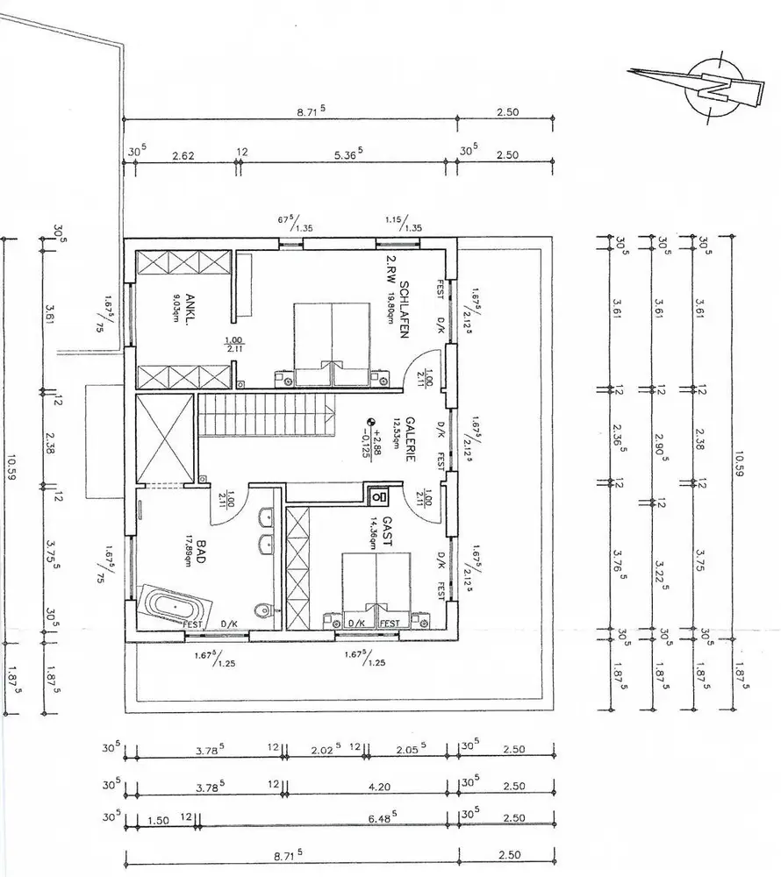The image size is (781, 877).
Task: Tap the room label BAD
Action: click(201, 552)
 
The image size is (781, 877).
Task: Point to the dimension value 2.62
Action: click(183, 155)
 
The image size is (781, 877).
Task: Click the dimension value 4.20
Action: click(379, 787)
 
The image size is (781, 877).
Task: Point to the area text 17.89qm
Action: click(188, 553)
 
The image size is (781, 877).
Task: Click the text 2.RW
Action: click(391, 267)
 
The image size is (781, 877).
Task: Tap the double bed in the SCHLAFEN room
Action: click(331, 345)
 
